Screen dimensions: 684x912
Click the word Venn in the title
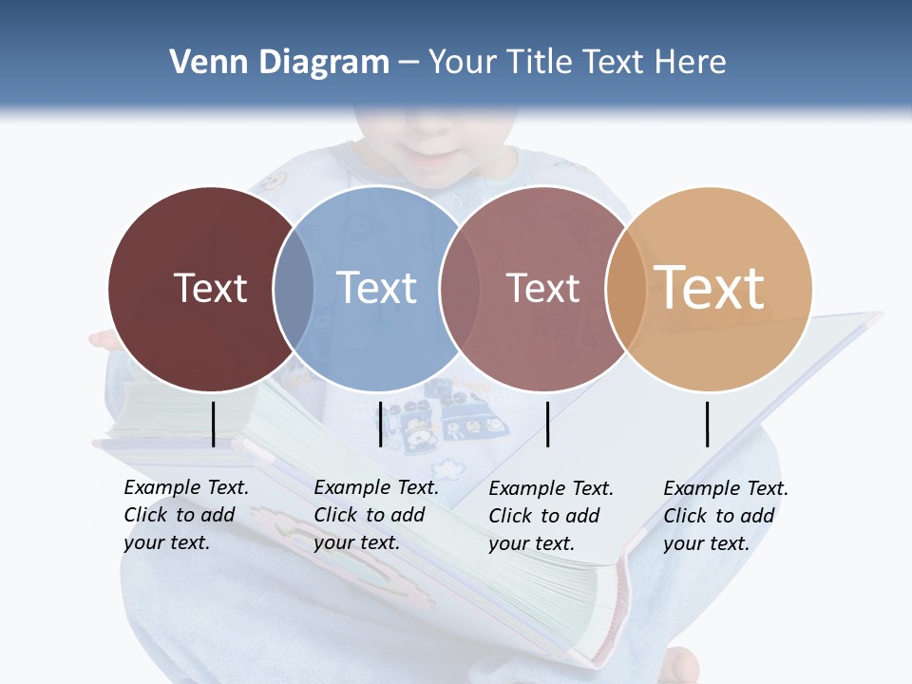point(202,63)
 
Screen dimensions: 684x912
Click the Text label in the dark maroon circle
point(210,288)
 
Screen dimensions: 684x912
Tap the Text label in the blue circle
point(376,288)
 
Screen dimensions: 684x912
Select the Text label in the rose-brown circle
point(542,288)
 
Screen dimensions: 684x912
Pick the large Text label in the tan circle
point(710,288)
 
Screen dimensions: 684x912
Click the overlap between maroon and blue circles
point(294,289)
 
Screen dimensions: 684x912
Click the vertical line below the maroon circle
point(213,424)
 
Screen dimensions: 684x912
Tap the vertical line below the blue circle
point(380,424)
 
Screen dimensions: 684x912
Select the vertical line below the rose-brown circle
point(548,424)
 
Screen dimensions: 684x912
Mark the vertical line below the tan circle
point(708,424)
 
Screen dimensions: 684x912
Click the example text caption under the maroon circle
point(185,515)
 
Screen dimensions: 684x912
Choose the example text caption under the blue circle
point(375,515)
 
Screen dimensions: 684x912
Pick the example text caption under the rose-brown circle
point(550,516)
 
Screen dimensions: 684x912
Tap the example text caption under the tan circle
point(725,516)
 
